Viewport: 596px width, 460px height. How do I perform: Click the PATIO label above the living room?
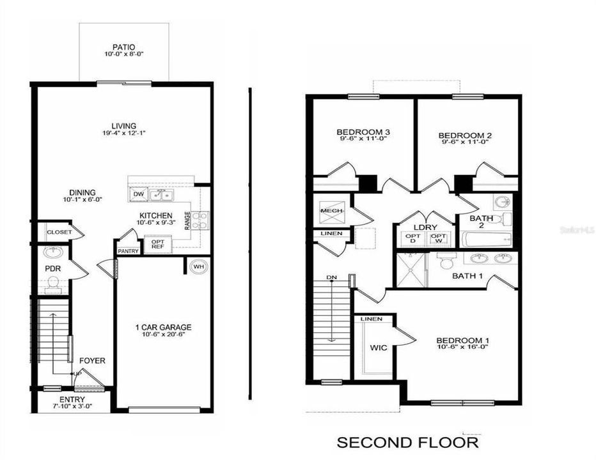click(x=123, y=47)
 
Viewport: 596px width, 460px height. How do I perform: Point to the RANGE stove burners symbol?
click(x=200, y=220)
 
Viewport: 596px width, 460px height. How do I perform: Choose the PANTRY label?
click(x=128, y=252)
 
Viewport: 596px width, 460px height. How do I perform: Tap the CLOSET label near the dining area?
click(x=58, y=232)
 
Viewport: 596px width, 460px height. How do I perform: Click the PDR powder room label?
click(x=52, y=269)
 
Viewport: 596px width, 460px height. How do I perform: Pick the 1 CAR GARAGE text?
click(x=164, y=328)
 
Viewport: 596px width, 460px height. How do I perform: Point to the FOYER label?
click(x=93, y=361)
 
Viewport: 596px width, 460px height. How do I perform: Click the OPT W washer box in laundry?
click(x=437, y=238)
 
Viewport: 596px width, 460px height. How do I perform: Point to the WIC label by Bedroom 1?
click(x=379, y=349)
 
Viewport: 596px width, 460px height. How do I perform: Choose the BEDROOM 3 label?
click(x=363, y=132)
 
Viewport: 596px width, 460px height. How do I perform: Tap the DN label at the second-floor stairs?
click(x=331, y=277)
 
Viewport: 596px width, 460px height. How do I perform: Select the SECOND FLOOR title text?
click(x=407, y=442)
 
